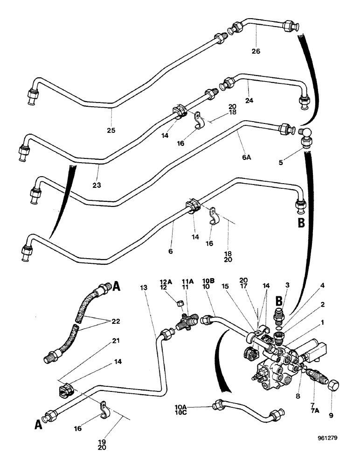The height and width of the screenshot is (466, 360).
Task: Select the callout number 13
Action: point(143,288)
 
